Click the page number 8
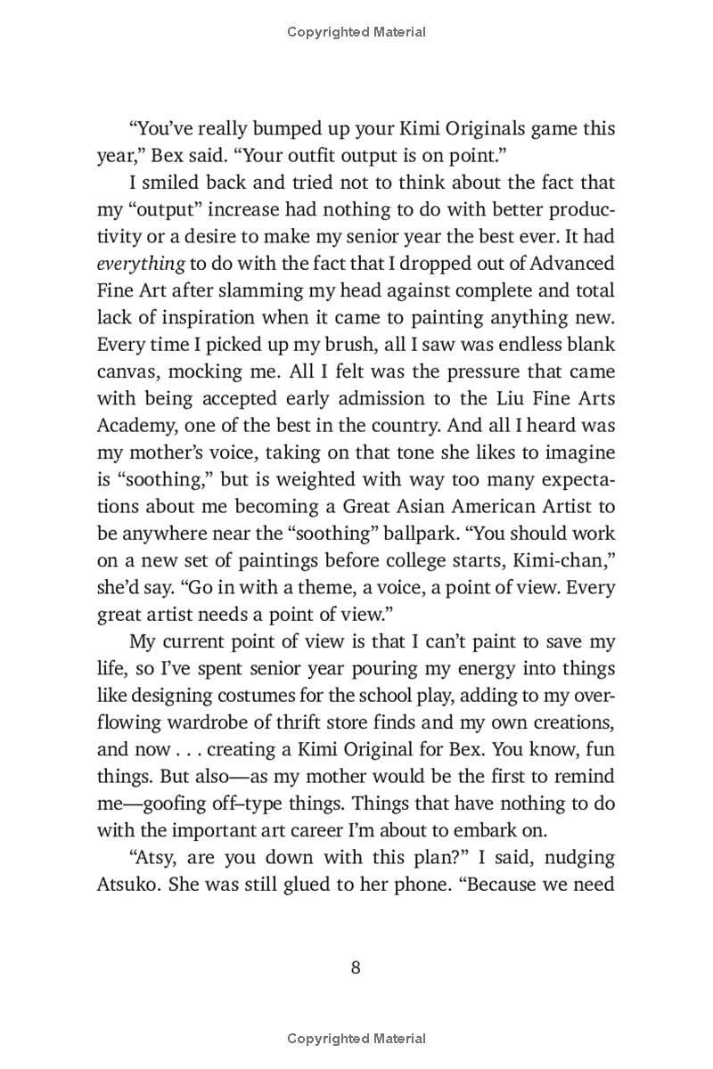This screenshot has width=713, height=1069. click(356, 968)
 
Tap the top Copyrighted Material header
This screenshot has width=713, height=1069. click(356, 32)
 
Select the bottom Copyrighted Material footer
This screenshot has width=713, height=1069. click(356, 1038)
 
